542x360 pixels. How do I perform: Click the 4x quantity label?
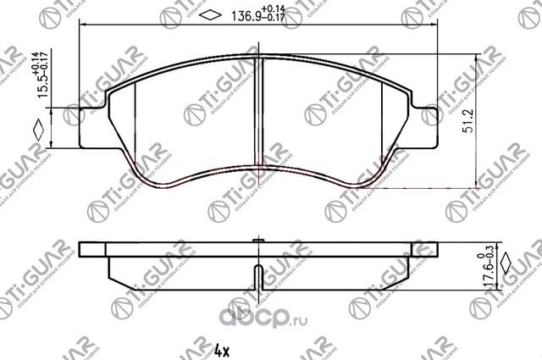(x=221, y=348)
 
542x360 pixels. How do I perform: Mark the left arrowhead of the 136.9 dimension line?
(x=82, y=25)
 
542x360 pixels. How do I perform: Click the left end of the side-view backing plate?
(x=82, y=251)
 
